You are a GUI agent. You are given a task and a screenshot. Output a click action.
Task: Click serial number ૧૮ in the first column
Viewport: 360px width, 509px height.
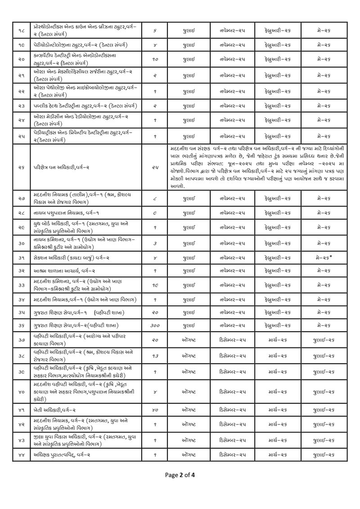click(21, 30)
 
